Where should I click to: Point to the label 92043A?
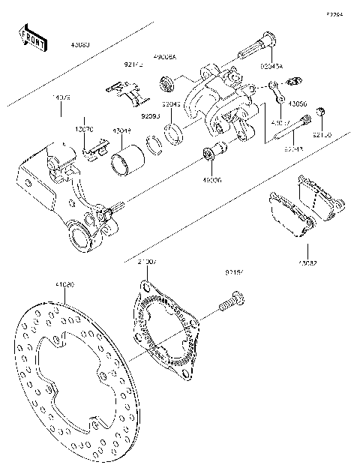(x=271, y=66)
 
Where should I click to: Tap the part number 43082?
(x=307, y=262)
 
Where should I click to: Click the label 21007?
(x=146, y=262)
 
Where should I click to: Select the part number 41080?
(x=65, y=285)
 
